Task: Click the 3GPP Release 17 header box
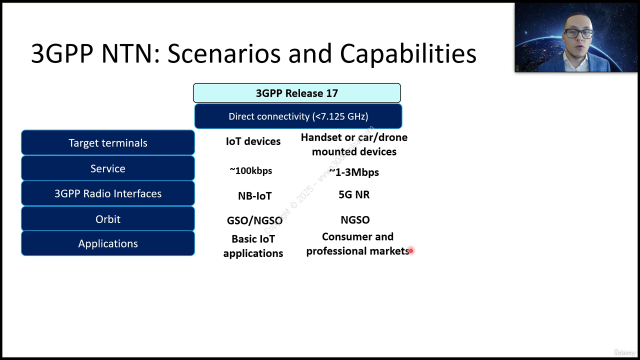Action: [x=297, y=93]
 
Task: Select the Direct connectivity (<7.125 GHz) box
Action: [x=298, y=116]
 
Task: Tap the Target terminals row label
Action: [x=108, y=142]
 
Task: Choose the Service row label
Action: [x=108, y=168]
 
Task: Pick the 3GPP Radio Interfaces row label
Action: [x=108, y=193]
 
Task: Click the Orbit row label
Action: [x=108, y=219]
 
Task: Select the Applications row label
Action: [x=108, y=243]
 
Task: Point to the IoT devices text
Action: [x=253, y=141]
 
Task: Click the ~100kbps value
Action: [x=251, y=170]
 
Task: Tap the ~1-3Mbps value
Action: [x=354, y=172]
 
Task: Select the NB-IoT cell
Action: [x=254, y=196]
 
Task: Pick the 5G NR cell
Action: [x=354, y=194]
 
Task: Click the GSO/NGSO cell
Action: [x=254, y=220]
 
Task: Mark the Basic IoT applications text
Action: [x=253, y=246]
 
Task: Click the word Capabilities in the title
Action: [x=408, y=53]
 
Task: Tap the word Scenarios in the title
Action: [x=224, y=53]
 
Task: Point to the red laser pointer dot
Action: [x=411, y=250]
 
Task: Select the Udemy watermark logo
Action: [x=624, y=352]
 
